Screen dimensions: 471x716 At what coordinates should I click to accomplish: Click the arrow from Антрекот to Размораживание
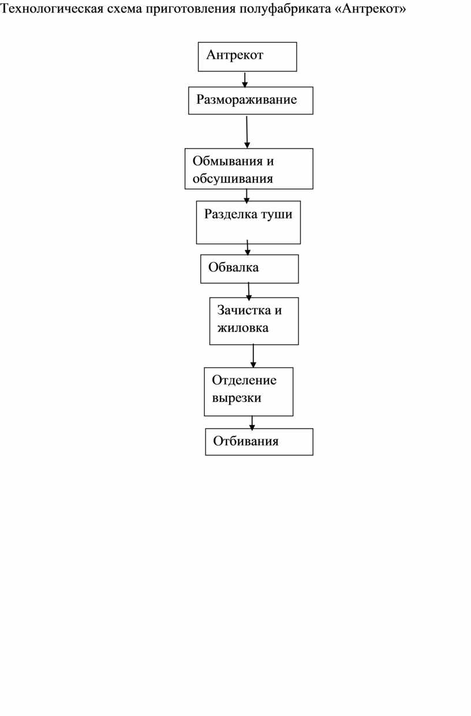pyautogui.click(x=245, y=80)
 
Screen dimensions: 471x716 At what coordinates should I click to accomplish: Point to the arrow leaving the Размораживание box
pyautogui.click(x=246, y=132)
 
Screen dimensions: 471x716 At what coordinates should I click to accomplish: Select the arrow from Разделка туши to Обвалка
pyautogui.click(x=248, y=247)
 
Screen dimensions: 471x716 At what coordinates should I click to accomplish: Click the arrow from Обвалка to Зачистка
pyautogui.click(x=249, y=291)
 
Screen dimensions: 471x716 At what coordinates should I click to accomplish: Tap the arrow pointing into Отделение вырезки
pyautogui.click(x=253, y=356)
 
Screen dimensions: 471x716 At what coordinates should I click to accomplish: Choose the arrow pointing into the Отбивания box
pyautogui.click(x=252, y=423)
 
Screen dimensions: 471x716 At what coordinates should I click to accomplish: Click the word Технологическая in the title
pyautogui.click(x=52, y=9)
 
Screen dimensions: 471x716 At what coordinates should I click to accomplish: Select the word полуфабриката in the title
pyautogui.click(x=285, y=9)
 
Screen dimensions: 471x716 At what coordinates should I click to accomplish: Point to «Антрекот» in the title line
pyautogui.click(x=370, y=9)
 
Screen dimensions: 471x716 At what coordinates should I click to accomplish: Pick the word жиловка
pyautogui.click(x=243, y=328)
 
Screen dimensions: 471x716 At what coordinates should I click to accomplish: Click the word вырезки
pyautogui.click(x=237, y=398)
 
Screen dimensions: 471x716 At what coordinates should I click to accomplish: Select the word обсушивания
pyautogui.click(x=233, y=179)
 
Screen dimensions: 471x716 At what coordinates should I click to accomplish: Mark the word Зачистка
pyautogui.click(x=244, y=310)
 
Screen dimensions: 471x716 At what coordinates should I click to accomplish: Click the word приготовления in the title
pyautogui.click(x=190, y=9)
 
